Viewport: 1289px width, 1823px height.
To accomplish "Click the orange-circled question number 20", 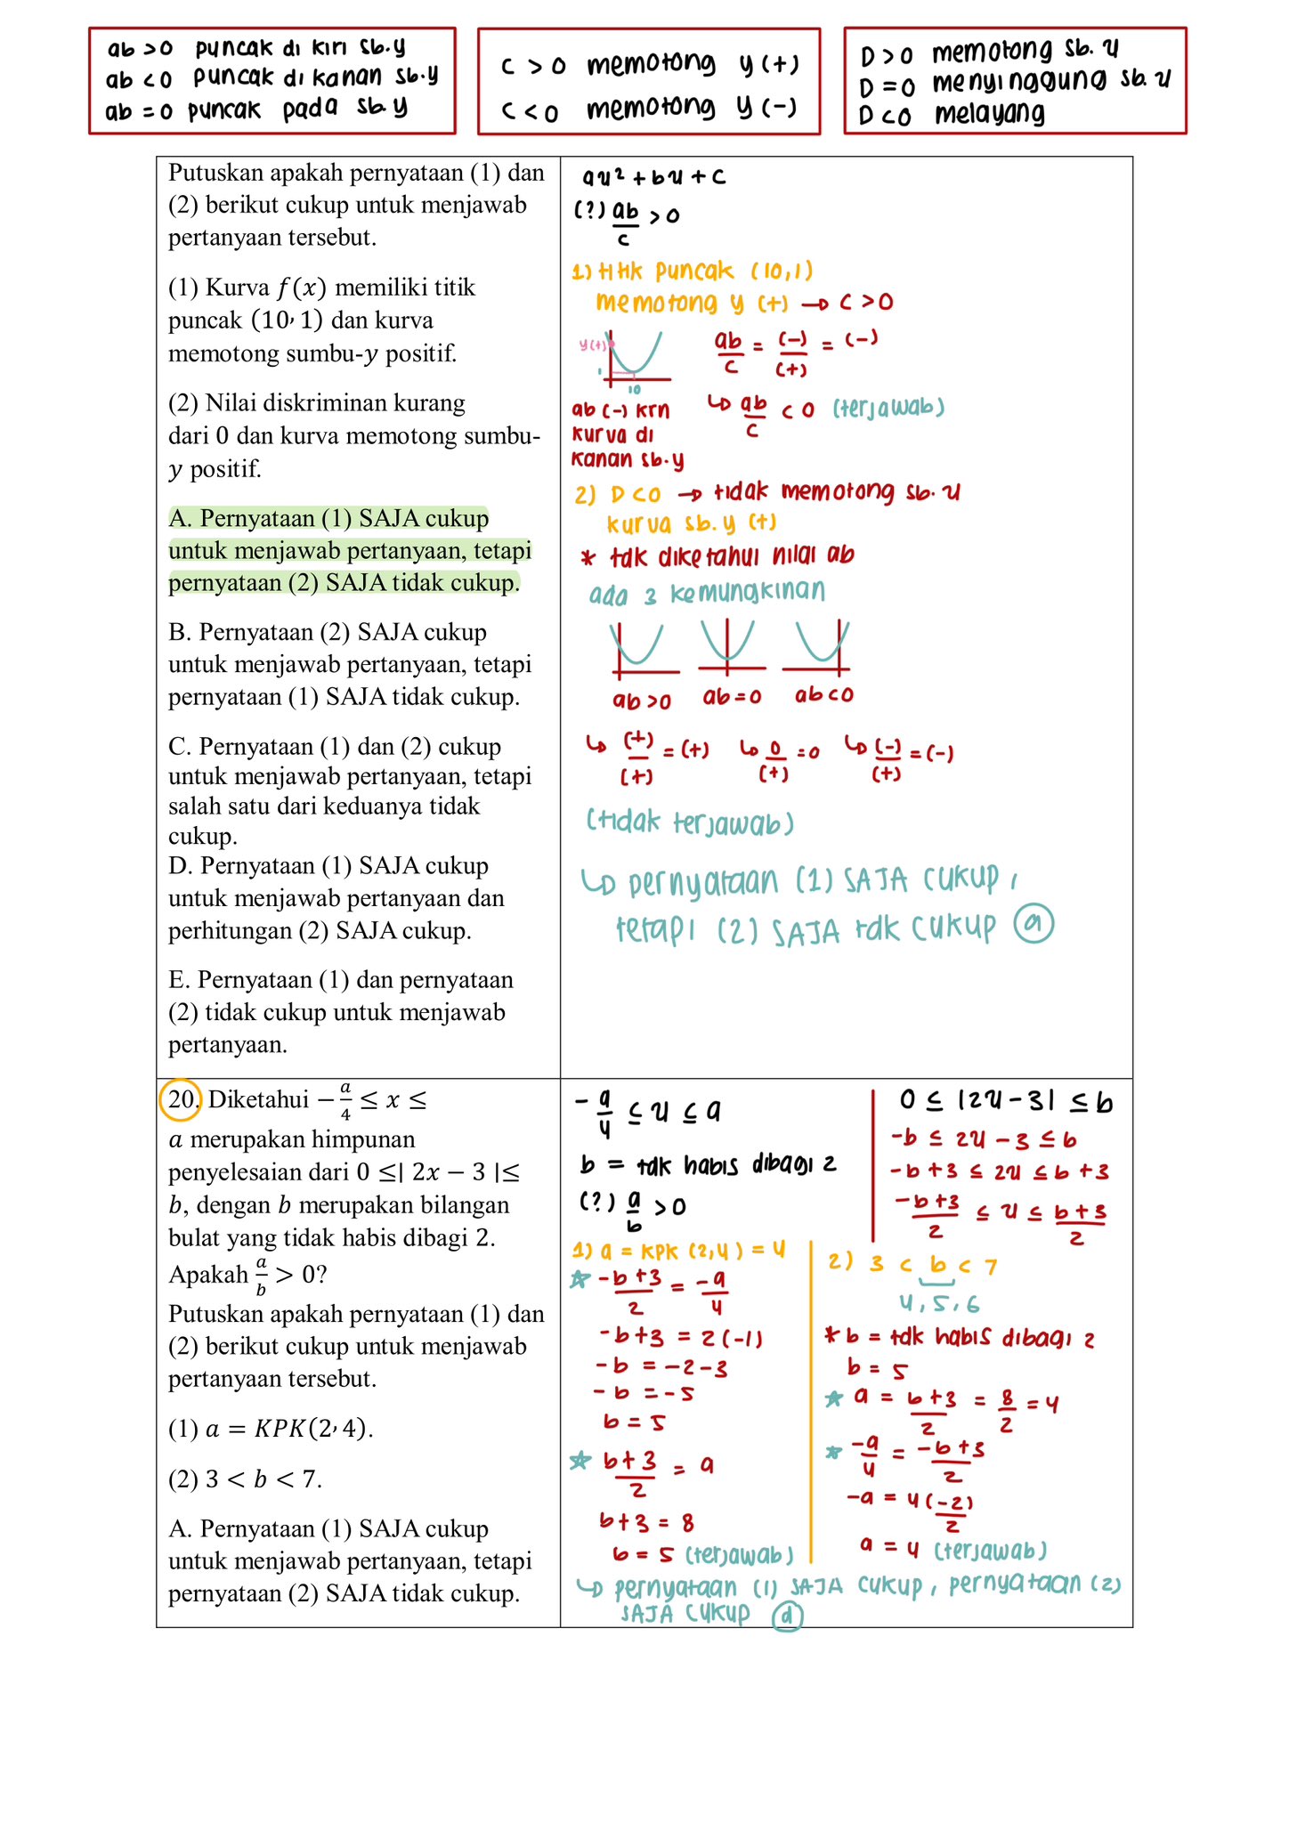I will pos(181,1099).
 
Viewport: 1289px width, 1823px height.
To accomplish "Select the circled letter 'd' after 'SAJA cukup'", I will pos(787,1616).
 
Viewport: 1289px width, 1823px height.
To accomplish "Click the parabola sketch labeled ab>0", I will pos(641,648).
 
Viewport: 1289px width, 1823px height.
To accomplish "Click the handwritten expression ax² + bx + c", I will pos(653,177).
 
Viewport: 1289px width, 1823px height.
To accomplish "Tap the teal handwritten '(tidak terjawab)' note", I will pos(690,822).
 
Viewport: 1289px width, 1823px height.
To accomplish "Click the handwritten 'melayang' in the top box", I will pos(989,114).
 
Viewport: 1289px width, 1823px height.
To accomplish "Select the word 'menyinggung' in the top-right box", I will pos(1020,83).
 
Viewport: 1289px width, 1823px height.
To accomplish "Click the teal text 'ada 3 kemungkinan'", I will pos(707,594).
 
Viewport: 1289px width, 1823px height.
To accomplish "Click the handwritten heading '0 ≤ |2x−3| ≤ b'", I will pos(1005,1103).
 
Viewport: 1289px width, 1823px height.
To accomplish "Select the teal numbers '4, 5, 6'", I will pos(938,1304).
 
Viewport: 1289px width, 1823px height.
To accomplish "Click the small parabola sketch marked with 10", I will pos(634,359).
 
